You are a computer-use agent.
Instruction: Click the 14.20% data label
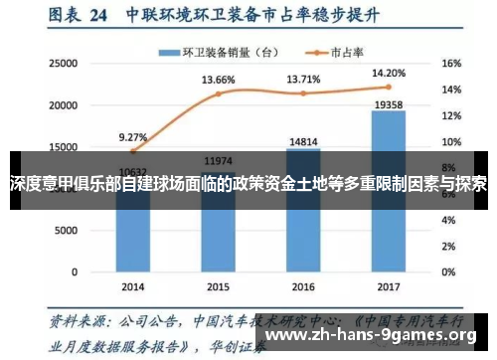[389, 73]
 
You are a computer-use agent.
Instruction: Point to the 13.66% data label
[218, 80]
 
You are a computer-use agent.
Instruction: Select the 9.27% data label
[132, 137]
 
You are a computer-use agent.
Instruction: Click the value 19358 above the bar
[389, 102]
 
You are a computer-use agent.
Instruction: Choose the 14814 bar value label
[303, 141]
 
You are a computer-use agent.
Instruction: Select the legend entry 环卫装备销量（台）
[216, 52]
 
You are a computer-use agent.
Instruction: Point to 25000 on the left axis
[63, 63]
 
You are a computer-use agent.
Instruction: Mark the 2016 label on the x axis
[303, 285]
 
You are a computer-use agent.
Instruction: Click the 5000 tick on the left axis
[66, 230]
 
